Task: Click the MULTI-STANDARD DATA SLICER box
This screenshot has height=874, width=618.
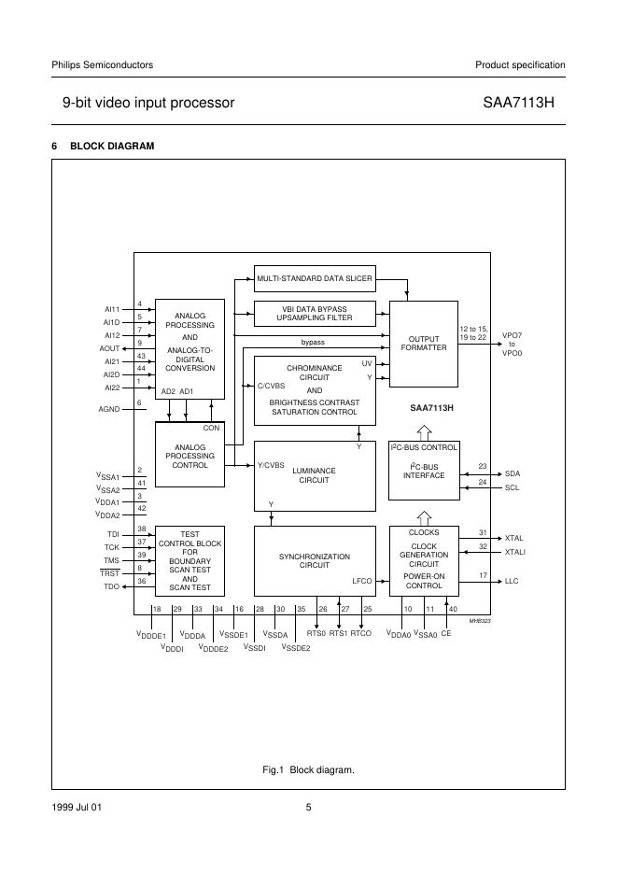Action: [x=315, y=277]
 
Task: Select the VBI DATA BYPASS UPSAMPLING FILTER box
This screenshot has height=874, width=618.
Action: [x=315, y=312]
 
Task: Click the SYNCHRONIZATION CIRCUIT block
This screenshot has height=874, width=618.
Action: [x=314, y=560]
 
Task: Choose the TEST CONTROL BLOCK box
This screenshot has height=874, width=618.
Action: [x=190, y=560]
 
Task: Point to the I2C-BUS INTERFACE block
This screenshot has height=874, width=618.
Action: [x=423, y=471]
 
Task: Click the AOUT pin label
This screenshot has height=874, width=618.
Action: [x=110, y=347]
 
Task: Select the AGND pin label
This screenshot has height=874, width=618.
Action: [x=110, y=409]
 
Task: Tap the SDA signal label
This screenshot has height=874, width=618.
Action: [x=513, y=473]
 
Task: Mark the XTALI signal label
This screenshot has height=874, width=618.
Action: [x=514, y=552]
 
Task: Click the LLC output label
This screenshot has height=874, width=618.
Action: [x=512, y=582]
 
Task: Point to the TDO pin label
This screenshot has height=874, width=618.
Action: [x=112, y=586]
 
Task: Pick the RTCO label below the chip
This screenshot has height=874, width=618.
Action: [x=361, y=633]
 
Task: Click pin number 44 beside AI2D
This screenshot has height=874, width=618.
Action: [x=140, y=368]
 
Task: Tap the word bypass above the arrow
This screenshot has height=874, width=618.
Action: [x=313, y=343]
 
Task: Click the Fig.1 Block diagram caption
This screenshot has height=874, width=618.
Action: [x=308, y=770]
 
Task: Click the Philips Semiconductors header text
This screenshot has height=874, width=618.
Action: [x=102, y=64]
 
